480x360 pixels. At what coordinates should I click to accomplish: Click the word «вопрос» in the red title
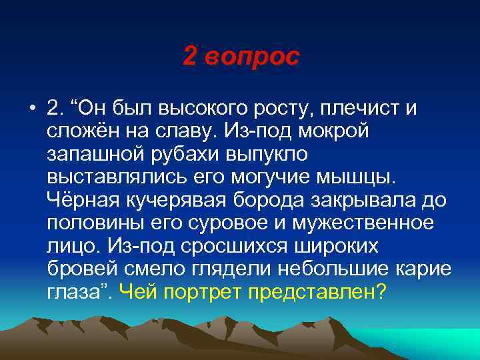click(x=253, y=57)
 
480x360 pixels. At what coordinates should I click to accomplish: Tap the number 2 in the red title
click(x=190, y=57)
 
